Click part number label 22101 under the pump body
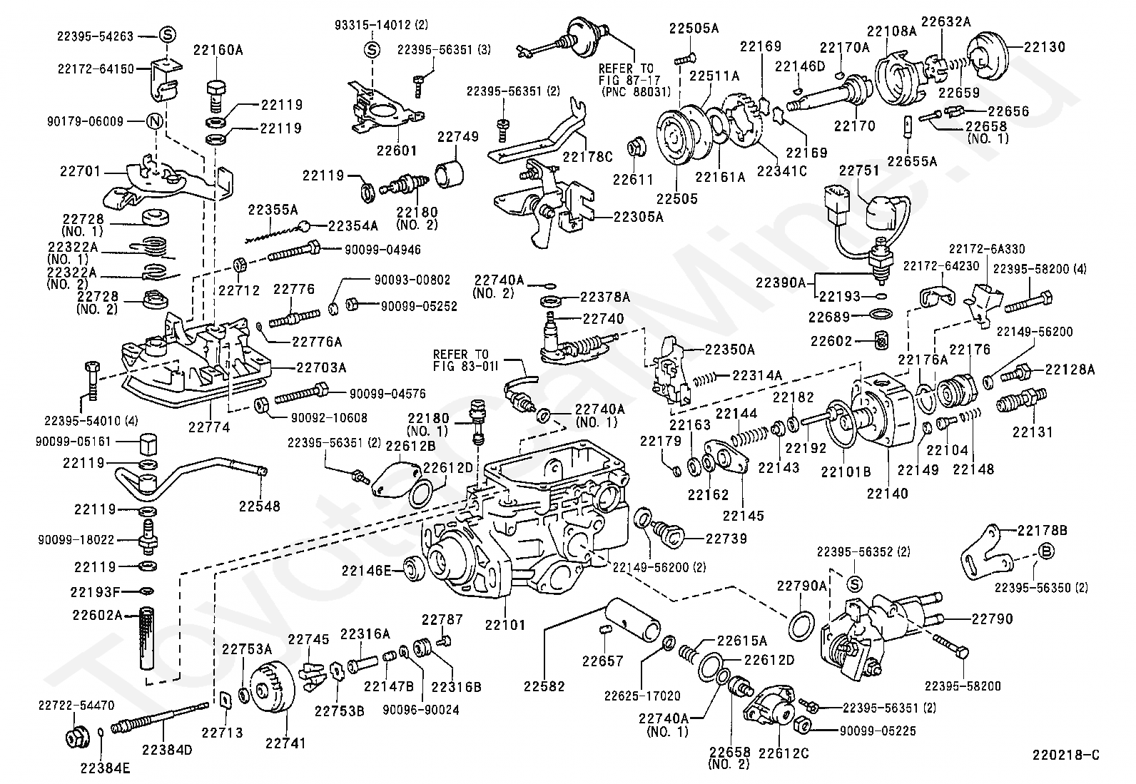pos(504,626)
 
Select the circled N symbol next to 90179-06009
pos(153,121)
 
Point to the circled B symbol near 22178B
pos(1045,550)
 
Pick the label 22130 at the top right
pos(1044,47)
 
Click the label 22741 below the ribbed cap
pos(285,743)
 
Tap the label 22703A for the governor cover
pos(321,367)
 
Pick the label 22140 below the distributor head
pos(887,493)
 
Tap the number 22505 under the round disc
pos(677,199)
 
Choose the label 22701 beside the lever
pos(81,171)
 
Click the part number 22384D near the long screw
pos(167,750)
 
